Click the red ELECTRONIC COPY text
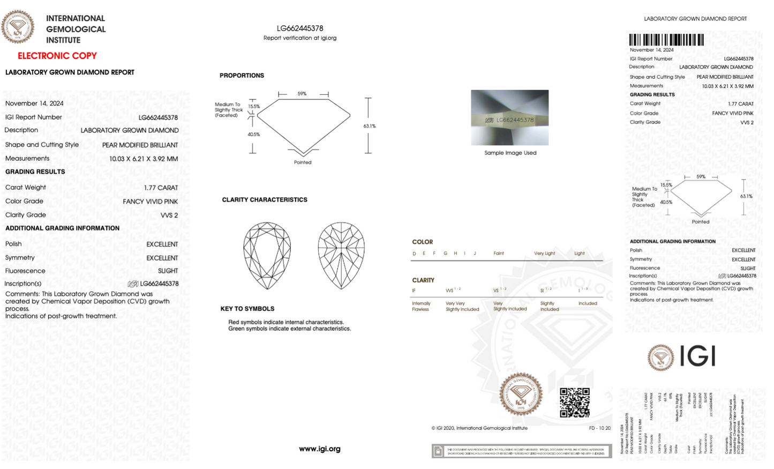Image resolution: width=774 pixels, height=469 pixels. tap(57, 56)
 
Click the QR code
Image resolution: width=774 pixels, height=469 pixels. tap(575, 403)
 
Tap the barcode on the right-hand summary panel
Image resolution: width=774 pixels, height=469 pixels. tap(666, 40)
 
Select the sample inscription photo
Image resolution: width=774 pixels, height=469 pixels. tap(509, 117)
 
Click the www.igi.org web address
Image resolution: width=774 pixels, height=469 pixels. tap(320, 449)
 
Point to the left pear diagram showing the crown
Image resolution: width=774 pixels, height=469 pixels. tap(267, 256)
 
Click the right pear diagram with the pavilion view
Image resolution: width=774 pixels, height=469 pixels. tap(341, 256)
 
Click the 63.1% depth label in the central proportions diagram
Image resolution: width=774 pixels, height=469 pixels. tap(370, 126)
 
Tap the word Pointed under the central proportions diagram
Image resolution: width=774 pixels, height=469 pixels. tap(303, 162)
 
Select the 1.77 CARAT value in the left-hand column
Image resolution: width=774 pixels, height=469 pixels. tap(161, 188)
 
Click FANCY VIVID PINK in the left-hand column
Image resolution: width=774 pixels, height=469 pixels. tap(150, 202)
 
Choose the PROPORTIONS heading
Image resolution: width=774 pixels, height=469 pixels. tap(242, 76)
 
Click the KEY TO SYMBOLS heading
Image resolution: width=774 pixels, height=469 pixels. tap(247, 309)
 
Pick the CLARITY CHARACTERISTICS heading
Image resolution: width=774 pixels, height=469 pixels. tap(265, 199)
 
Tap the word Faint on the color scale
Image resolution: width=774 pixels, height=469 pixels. tap(499, 253)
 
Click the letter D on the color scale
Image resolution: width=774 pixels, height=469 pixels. tap(414, 254)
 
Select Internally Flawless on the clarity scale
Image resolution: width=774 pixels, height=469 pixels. tap(421, 306)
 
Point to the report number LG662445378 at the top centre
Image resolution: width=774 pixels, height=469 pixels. tap(300, 28)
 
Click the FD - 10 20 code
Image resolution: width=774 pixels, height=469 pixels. tap(599, 428)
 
